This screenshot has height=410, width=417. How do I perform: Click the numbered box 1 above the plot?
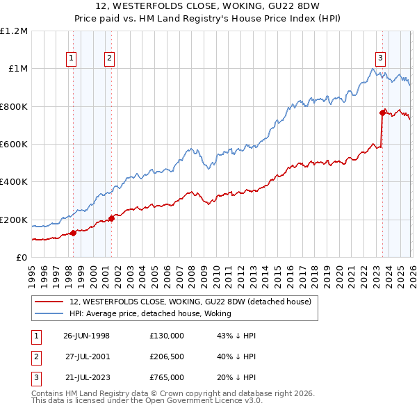pyautogui.click(x=72, y=59)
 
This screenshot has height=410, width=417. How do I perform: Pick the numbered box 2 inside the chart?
pyautogui.click(x=110, y=59)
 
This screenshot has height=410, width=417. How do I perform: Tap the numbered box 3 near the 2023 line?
pyautogui.click(x=381, y=59)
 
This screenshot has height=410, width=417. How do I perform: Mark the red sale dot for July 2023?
pyautogui.click(x=382, y=113)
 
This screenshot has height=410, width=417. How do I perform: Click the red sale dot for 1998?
pyautogui.click(x=74, y=233)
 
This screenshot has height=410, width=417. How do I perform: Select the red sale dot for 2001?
pyautogui.click(x=111, y=218)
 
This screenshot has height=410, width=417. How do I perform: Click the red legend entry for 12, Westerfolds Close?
pyautogui.click(x=194, y=302)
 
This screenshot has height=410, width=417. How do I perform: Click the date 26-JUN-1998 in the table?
pyautogui.click(x=86, y=336)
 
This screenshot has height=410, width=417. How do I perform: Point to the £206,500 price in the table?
pyautogui.click(x=166, y=356)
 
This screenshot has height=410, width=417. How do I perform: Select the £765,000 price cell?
pyautogui.click(x=166, y=377)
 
